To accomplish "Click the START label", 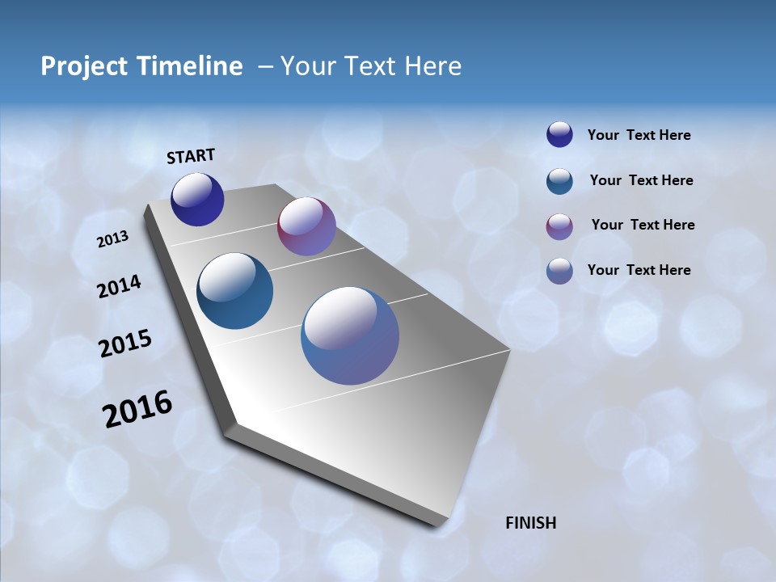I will pos(191,156).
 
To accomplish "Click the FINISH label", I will pos(531,523).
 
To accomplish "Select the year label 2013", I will pos(112,239).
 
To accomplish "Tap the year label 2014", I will pos(119,287).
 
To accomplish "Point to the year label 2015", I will pos(124,344).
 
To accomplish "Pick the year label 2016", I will pos(137,409).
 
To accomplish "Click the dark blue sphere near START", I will pos(197,199).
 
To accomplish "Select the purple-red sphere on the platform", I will pos(306,226).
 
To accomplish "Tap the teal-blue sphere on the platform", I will pos(234,291).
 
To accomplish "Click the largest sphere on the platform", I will pos(350,335).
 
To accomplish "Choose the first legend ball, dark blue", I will pos(559,134).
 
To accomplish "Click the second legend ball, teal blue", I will pos(559,181).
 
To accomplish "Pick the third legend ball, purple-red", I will pos(559,226).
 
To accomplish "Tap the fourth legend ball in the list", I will pos(559,271).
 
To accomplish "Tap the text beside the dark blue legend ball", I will pos(639,136).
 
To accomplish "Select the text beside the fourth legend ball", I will pos(639,270).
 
